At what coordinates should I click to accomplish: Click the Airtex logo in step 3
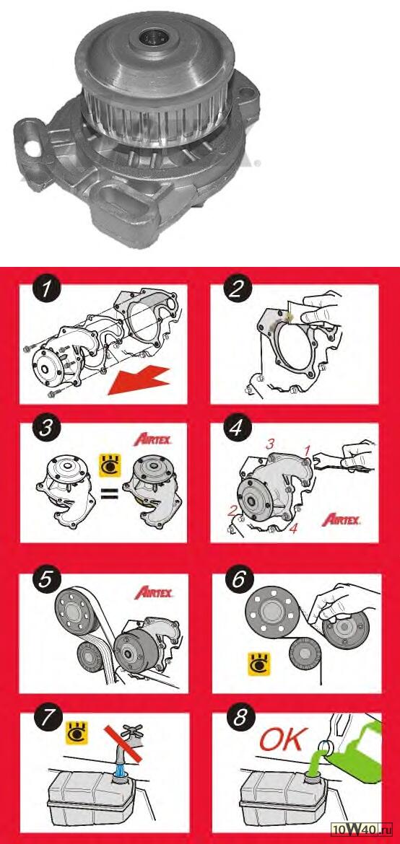152,440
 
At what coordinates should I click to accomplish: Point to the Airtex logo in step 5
154,593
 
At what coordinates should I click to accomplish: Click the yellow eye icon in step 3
110,465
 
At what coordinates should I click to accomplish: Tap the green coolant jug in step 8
357,744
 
